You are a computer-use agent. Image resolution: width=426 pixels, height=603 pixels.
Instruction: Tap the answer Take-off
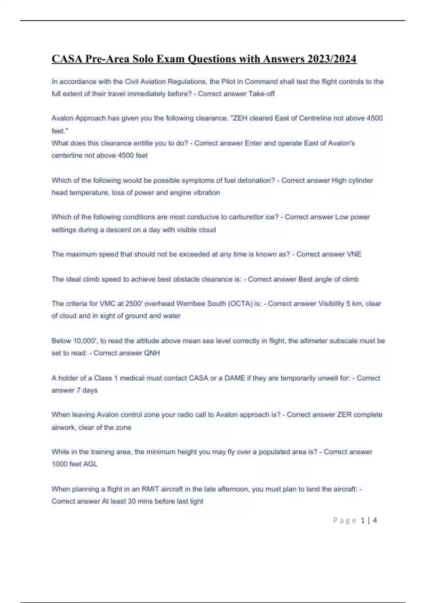pyautogui.click(x=262, y=94)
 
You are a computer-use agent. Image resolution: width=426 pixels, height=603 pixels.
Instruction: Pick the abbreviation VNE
pyautogui.click(x=354, y=254)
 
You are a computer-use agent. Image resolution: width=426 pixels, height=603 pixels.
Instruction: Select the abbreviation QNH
pyautogui.click(x=152, y=353)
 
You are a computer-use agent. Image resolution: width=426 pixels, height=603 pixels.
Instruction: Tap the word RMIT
pyautogui.click(x=151, y=489)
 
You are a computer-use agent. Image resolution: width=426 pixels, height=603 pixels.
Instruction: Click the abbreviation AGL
pyautogui.click(x=90, y=464)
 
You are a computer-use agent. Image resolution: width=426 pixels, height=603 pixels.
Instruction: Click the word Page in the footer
pyautogui.click(x=345, y=520)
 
